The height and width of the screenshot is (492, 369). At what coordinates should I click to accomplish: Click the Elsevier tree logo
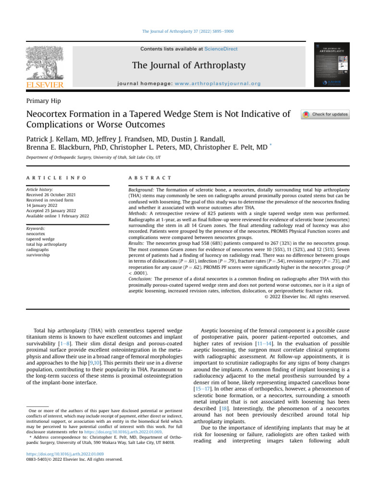(44, 63)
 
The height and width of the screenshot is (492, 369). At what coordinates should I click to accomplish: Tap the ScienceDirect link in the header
(221, 49)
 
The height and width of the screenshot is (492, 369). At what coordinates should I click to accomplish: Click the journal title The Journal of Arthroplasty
(189, 65)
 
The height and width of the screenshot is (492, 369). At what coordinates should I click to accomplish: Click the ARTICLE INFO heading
(56, 178)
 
